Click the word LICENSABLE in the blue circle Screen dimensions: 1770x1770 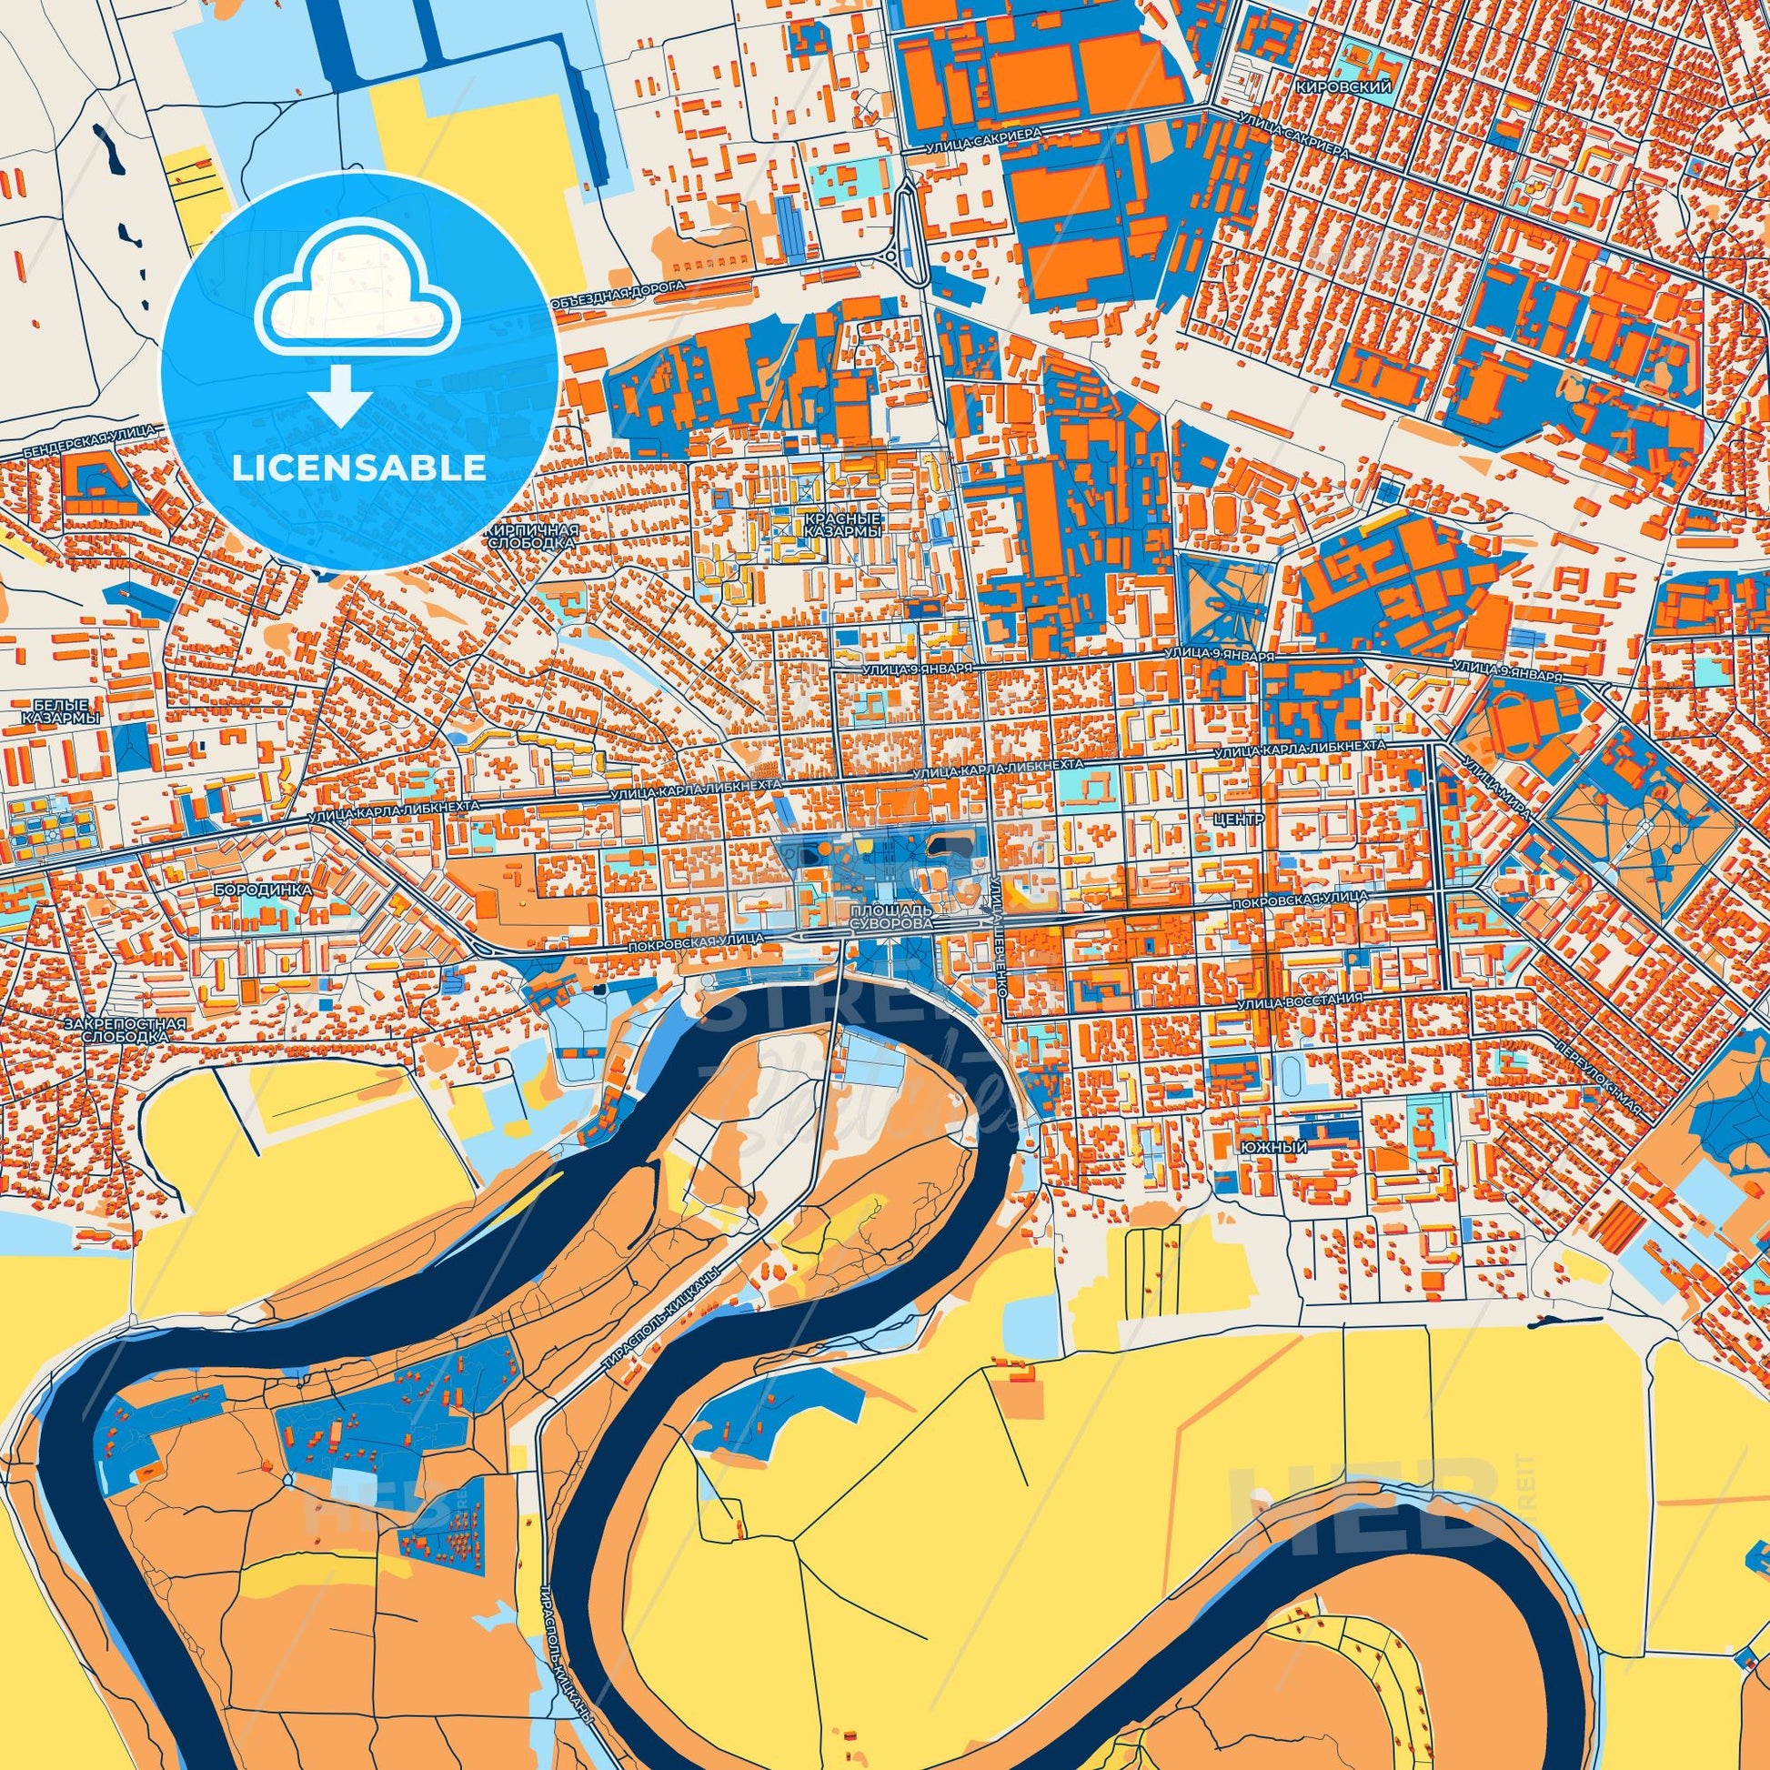click(359, 468)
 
